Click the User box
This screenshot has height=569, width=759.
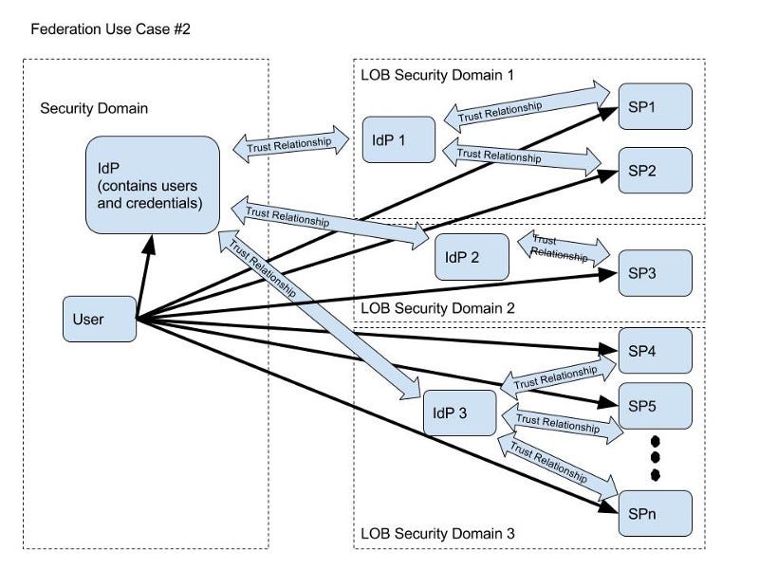[99, 319]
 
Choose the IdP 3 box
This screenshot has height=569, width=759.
[459, 413]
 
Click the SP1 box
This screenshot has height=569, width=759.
[656, 106]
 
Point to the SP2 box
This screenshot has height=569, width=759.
[656, 171]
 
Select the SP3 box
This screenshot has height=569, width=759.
[656, 274]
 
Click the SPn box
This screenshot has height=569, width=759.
[656, 514]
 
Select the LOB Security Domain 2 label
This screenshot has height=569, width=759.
[437, 308]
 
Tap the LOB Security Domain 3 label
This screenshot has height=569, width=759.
[437, 534]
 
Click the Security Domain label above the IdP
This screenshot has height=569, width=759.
[94, 108]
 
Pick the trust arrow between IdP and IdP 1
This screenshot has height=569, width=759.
[289, 146]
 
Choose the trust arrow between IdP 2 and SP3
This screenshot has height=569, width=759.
[563, 248]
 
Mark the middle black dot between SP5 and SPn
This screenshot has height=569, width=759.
[655, 457]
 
